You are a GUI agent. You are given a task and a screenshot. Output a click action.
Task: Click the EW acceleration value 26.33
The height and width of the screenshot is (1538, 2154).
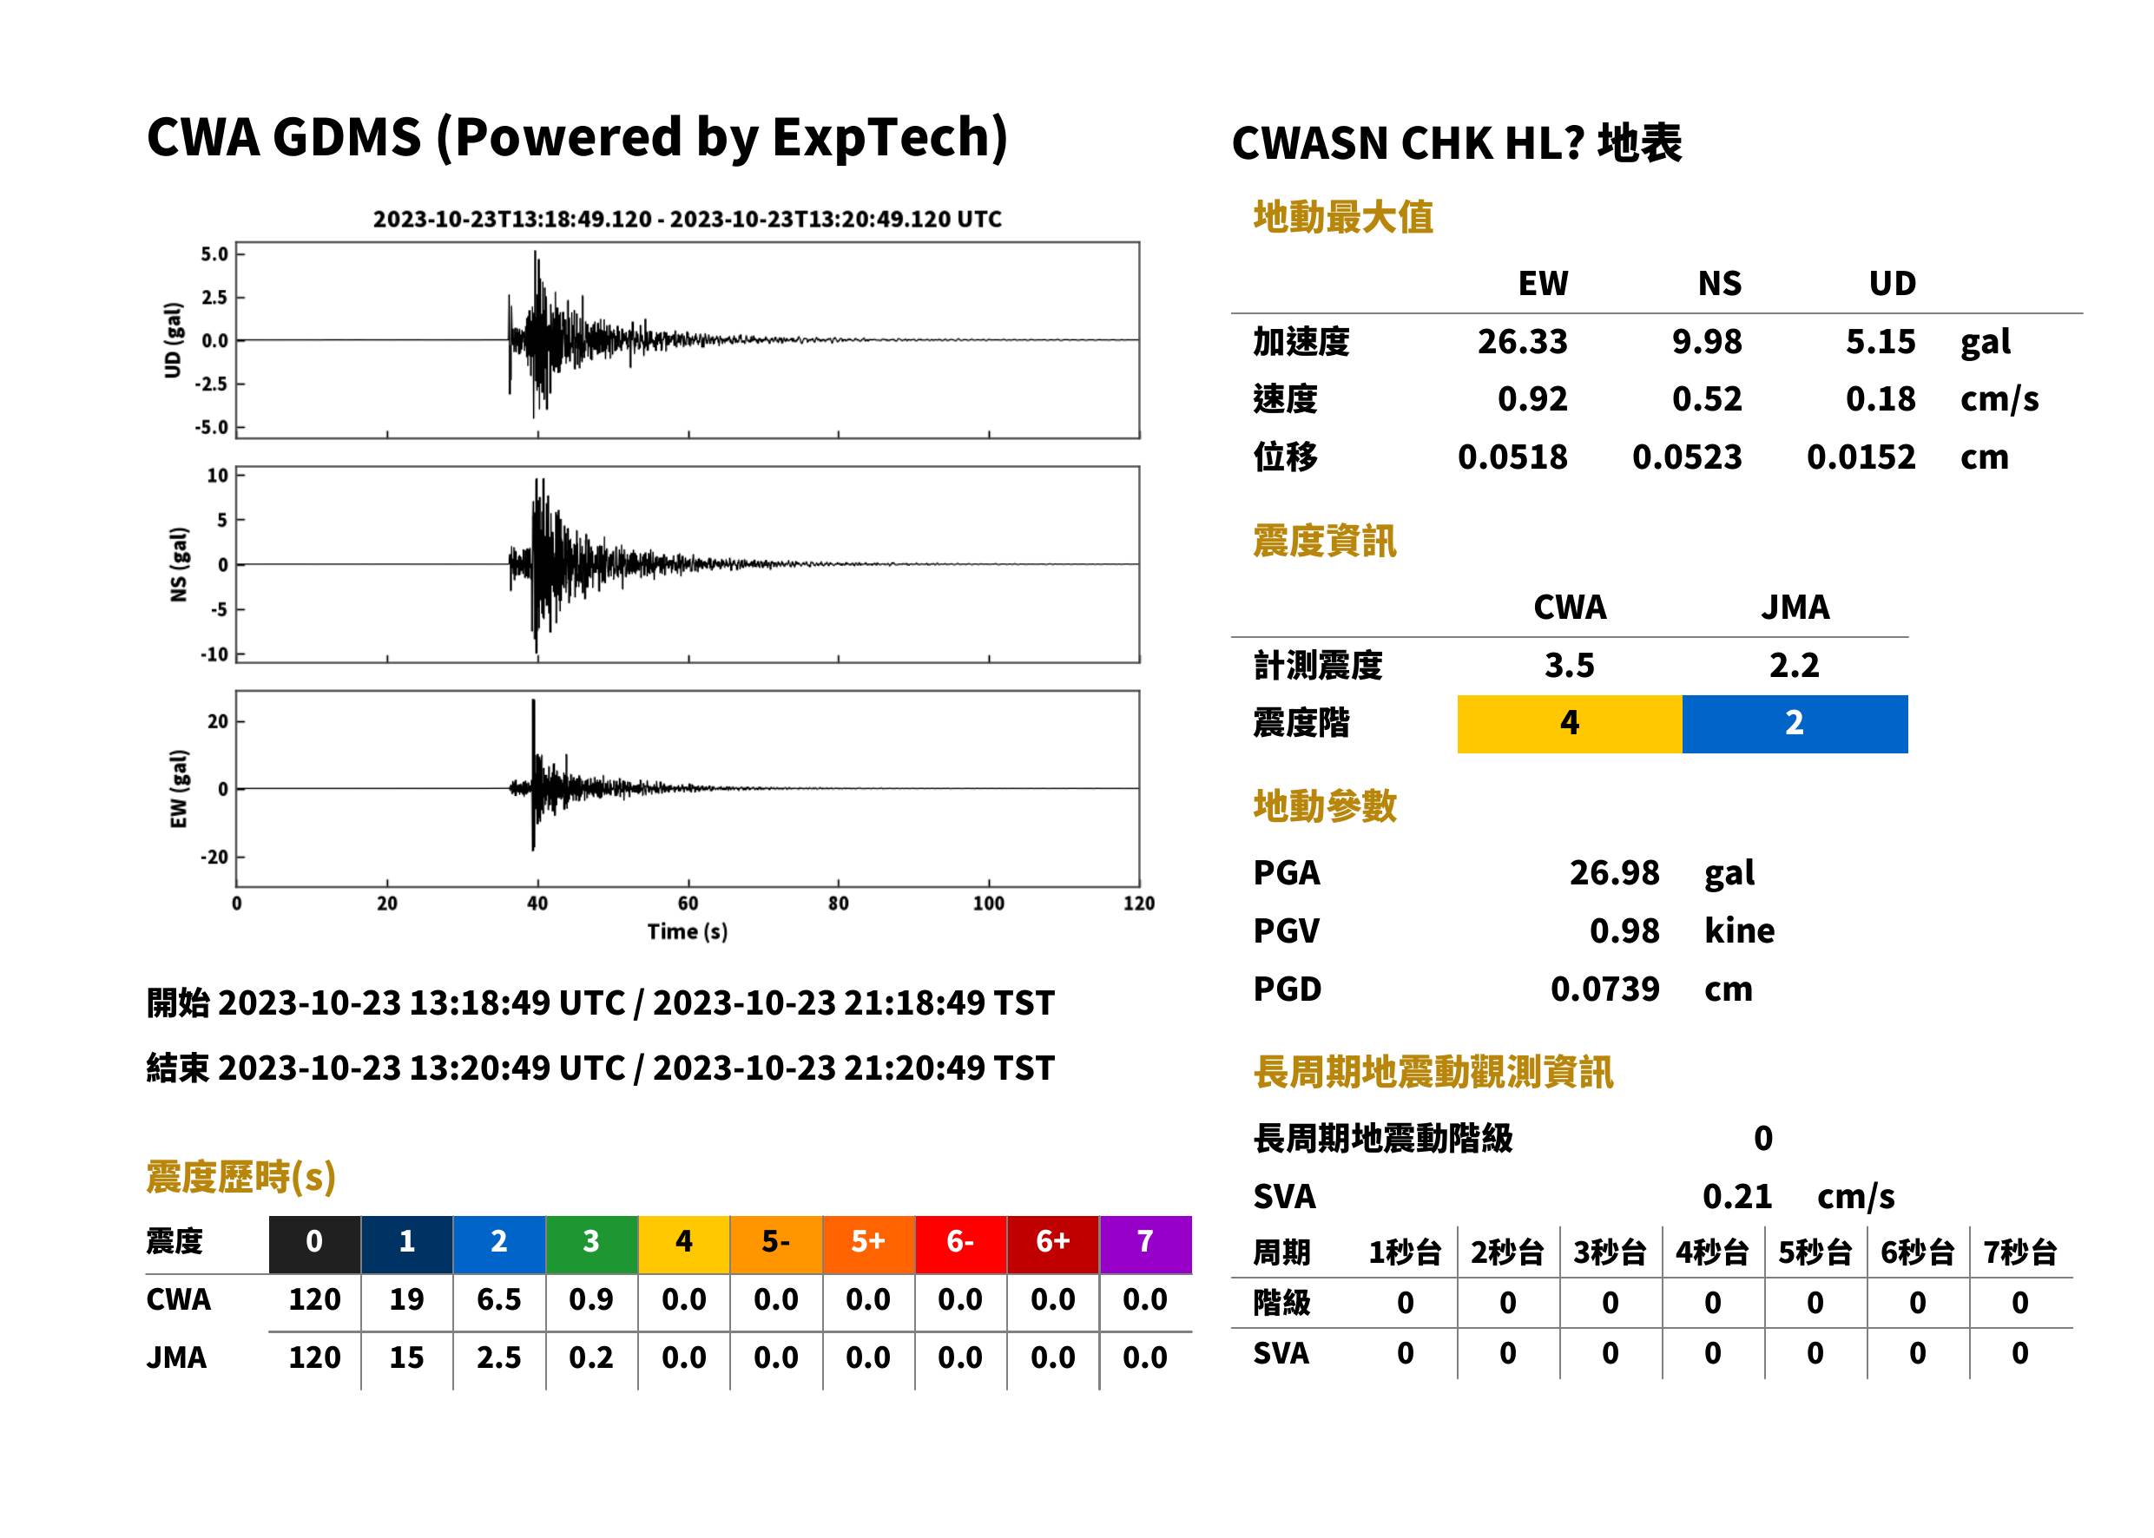1521,341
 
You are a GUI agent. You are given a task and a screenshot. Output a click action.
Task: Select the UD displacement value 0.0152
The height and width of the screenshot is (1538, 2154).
1861,457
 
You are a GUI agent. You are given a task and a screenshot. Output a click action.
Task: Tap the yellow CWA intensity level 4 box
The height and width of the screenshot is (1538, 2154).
1569,724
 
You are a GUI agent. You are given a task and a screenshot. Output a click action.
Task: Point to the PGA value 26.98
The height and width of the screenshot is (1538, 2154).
1614,872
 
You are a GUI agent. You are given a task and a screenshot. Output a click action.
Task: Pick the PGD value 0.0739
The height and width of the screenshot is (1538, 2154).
1604,989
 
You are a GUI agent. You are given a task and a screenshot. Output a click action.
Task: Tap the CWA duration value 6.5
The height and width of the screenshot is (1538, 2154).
499,1299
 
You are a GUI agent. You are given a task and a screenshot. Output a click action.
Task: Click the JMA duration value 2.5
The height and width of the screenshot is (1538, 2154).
499,1357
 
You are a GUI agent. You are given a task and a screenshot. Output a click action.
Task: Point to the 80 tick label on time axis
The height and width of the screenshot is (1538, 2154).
839,904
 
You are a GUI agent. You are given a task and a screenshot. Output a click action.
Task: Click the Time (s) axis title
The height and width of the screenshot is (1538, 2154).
688,932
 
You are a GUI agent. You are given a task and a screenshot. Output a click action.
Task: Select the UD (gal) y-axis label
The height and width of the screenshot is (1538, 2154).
173,340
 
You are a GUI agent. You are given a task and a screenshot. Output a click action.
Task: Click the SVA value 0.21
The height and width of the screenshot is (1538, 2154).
1737,1196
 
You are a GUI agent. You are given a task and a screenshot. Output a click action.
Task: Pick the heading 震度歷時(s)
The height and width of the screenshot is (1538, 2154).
240,1177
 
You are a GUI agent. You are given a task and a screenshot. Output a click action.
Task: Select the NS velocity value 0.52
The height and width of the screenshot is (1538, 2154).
1707,398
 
